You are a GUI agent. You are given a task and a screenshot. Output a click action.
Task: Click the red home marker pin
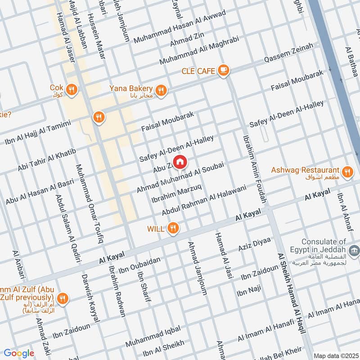coord(180,162)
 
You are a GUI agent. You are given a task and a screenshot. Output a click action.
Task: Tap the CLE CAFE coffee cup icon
coord(224,70)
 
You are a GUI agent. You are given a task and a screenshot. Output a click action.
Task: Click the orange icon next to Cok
coord(71,90)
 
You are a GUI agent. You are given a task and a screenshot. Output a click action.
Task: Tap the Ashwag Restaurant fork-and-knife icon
coord(347,171)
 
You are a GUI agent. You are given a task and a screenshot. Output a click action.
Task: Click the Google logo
coord(19,353)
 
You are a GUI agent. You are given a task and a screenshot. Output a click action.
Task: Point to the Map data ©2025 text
coord(335,355)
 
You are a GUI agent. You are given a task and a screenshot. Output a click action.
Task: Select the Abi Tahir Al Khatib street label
coord(47,160)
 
